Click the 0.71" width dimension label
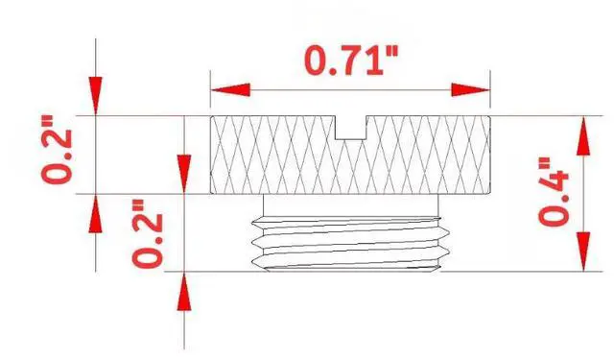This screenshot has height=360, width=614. click(351, 60)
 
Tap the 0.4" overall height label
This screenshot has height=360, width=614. click(554, 192)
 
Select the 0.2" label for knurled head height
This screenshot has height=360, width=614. click(58, 149)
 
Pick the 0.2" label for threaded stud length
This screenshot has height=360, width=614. click(147, 234)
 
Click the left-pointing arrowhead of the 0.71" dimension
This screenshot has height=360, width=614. click(230, 89)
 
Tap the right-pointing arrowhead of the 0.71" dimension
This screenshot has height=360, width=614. click(470, 89)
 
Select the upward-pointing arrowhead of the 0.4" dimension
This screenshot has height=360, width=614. click(583, 135)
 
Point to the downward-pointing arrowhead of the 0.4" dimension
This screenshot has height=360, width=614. click(583, 252)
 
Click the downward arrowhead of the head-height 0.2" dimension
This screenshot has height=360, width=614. click(96, 96)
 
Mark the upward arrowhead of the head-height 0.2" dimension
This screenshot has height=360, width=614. click(96, 213)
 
